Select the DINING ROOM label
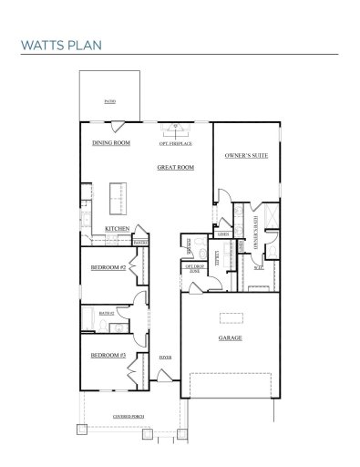point(111,143)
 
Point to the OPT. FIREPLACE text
point(175,143)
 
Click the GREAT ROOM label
point(176,168)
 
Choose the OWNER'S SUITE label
point(243,156)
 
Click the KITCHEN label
point(118,228)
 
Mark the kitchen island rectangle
point(116,194)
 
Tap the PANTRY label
point(141,242)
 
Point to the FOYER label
point(165,357)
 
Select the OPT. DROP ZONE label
point(194,270)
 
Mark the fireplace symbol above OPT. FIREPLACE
point(175,128)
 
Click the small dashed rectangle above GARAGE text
point(230,316)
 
